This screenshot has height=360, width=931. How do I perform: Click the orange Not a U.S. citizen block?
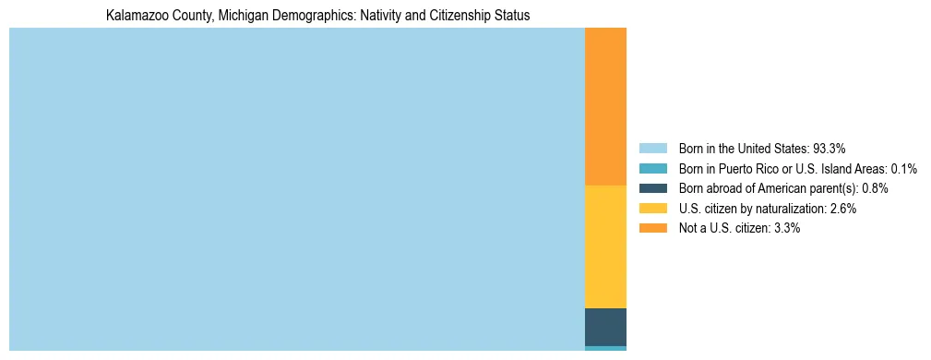[605, 106]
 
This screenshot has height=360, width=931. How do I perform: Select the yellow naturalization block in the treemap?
[605, 246]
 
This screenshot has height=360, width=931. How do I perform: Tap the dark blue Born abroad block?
[605, 327]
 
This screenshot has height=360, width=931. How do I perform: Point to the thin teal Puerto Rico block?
[605, 348]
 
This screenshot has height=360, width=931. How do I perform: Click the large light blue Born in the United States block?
[296, 188]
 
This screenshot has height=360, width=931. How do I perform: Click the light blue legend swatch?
[652, 149]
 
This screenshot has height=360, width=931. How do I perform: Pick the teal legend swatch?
[652, 169]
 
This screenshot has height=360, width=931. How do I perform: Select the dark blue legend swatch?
[652, 188]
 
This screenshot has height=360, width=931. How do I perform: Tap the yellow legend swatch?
[652, 209]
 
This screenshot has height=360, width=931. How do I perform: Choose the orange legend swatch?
[652, 228]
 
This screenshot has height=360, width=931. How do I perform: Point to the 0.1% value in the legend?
[903, 169]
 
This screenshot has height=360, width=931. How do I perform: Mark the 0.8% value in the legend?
[876, 188]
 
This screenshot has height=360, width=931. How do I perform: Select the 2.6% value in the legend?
[842, 209]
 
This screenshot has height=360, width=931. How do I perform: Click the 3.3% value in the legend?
[785, 228]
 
